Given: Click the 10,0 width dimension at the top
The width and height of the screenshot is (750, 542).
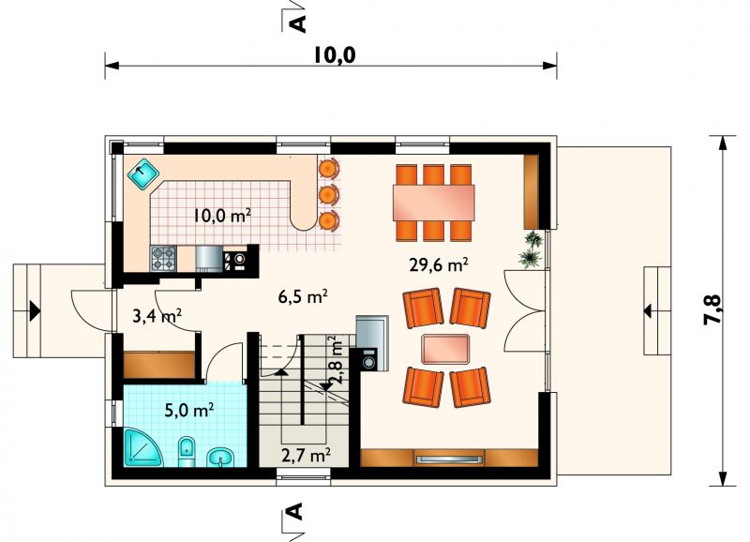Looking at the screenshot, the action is [x=335, y=55].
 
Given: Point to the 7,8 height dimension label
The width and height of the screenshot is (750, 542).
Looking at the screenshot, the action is [x=712, y=309].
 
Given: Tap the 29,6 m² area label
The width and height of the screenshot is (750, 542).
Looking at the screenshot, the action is [x=438, y=264].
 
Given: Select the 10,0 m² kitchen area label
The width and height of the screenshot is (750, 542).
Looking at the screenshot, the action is [x=222, y=216].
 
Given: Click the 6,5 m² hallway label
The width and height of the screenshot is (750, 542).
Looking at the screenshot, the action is [x=303, y=296].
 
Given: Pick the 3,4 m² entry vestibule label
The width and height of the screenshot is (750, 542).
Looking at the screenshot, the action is [x=157, y=316].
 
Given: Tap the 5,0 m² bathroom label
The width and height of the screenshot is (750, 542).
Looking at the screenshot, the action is [x=189, y=411].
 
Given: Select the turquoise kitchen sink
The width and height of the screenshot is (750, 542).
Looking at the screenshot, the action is [x=143, y=174].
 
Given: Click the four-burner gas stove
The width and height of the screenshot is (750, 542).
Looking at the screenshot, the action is [x=164, y=259].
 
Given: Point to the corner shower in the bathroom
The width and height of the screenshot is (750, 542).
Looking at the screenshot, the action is [x=142, y=447].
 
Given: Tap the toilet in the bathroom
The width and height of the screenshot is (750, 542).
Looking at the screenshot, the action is [x=187, y=452].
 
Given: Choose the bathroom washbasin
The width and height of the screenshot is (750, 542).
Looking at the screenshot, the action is [x=220, y=457].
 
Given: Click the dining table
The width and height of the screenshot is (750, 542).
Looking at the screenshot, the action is [x=434, y=203].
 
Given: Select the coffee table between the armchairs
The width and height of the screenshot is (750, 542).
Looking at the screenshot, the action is [x=445, y=348].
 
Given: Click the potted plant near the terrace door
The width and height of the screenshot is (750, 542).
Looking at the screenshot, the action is [x=532, y=248].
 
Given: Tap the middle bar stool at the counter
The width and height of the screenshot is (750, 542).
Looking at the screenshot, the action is [x=328, y=194].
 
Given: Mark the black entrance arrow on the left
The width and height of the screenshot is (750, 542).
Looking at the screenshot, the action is [x=35, y=310].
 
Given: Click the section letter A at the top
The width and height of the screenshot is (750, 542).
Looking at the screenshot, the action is [x=297, y=23].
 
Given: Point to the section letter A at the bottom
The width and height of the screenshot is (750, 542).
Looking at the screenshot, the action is [x=296, y=511].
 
